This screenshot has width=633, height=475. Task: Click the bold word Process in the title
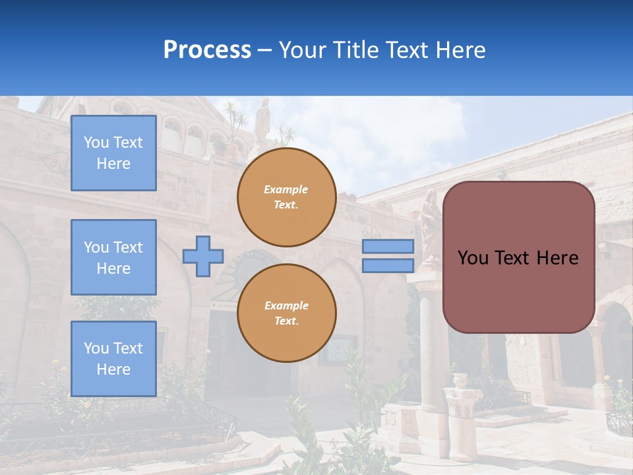pyautogui.click(x=207, y=49)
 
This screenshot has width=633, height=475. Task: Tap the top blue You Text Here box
pyautogui.click(x=113, y=153)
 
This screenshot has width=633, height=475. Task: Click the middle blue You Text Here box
pyautogui.click(x=113, y=257)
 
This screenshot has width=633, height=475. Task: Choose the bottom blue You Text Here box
pyautogui.click(x=113, y=359)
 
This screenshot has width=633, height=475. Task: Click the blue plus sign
pyautogui.click(x=203, y=257)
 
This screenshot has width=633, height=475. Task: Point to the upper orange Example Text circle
pyautogui.click(x=286, y=197)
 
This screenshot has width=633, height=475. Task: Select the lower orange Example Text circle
pyautogui.click(x=286, y=313)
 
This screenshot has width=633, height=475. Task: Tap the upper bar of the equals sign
pyautogui.click(x=388, y=246)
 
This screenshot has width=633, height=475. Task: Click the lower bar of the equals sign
pyautogui.click(x=388, y=266)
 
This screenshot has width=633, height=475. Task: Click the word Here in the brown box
pyautogui.click(x=557, y=257)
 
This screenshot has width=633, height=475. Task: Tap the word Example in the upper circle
pyautogui.click(x=286, y=189)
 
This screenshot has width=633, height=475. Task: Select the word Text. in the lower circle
pyautogui.click(x=286, y=321)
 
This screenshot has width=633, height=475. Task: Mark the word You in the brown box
pyautogui.click(x=473, y=257)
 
